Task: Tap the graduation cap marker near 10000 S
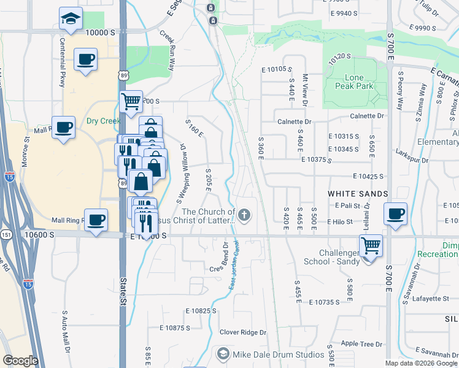(71, 19)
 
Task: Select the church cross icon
(244, 215)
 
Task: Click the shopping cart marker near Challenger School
(371, 247)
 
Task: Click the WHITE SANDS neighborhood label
(358, 193)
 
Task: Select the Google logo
(20, 361)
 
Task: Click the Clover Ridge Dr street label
(244, 332)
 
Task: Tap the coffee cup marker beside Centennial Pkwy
(85, 60)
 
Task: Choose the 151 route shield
(5, 234)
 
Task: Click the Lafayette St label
(429, 299)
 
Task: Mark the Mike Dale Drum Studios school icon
(223, 355)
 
